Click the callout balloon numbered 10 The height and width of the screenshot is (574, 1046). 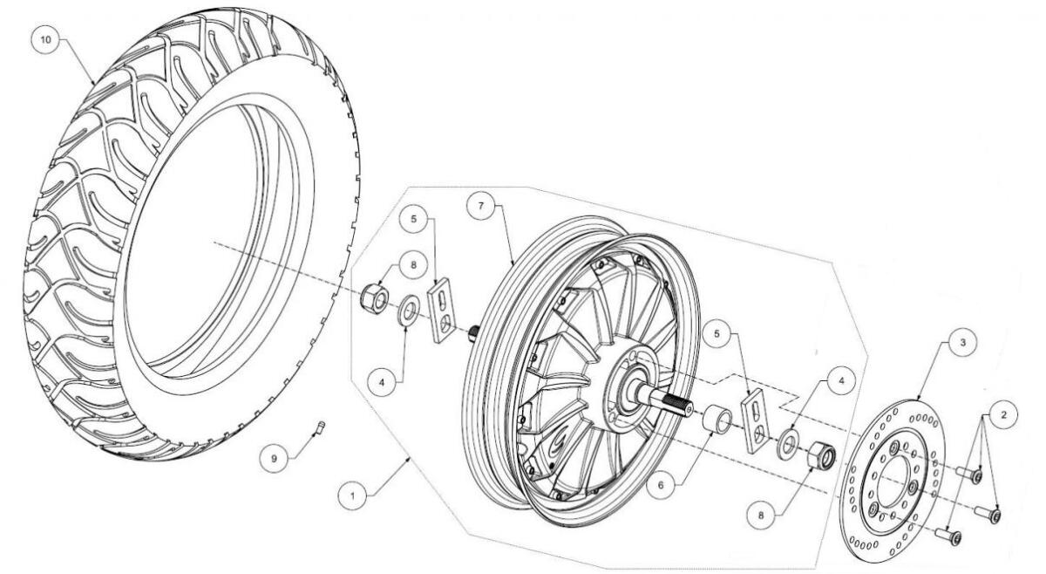coord(45,39)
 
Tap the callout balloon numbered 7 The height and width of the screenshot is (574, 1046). coord(481,206)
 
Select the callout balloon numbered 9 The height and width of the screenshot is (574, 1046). coord(274,459)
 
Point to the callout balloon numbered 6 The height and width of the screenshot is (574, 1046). coord(661,486)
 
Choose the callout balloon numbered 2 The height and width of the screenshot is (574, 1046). coord(1003,414)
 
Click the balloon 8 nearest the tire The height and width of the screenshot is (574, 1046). coord(413,265)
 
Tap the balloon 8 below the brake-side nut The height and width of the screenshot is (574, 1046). coord(761,516)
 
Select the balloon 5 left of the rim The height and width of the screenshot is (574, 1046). coord(413,219)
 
